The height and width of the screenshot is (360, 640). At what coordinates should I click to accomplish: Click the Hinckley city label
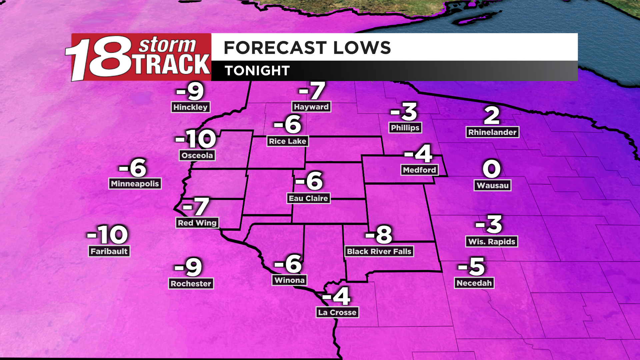pyautogui.click(x=190, y=107)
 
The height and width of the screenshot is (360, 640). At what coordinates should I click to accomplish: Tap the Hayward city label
pyautogui.click(x=311, y=107)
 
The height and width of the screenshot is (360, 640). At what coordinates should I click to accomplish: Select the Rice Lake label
pyautogui.click(x=287, y=141)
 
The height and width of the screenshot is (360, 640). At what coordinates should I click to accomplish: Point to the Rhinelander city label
pyautogui.click(x=492, y=132)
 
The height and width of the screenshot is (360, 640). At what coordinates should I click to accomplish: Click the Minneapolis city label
pyautogui.click(x=135, y=184)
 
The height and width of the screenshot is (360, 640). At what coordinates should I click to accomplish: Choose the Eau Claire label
pyautogui.click(x=308, y=198)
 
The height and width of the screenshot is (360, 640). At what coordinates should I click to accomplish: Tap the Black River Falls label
pyautogui.click(x=379, y=251)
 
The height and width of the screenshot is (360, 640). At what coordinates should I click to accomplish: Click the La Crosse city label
pyautogui.click(x=337, y=312)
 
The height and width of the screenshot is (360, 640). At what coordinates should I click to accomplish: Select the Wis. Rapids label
pyautogui.click(x=492, y=242)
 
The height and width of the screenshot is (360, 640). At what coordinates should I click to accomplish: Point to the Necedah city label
pyautogui.click(x=474, y=283)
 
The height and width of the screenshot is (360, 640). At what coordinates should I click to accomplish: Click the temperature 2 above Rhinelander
pyautogui.click(x=492, y=116)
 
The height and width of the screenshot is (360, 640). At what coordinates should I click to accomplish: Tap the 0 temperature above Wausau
pyautogui.click(x=492, y=169)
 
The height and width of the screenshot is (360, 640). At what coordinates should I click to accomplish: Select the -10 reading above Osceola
pyautogui.click(x=196, y=139)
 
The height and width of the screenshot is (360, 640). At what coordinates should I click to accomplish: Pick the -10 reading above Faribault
pyautogui.click(x=108, y=235)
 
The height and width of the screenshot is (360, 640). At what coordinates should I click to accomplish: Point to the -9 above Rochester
pyautogui.click(x=189, y=267)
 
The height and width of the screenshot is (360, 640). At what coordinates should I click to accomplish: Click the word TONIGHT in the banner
pyautogui.click(x=257, y=71)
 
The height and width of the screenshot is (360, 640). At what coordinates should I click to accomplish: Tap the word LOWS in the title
pyautogui.click(x=362, y=48)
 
